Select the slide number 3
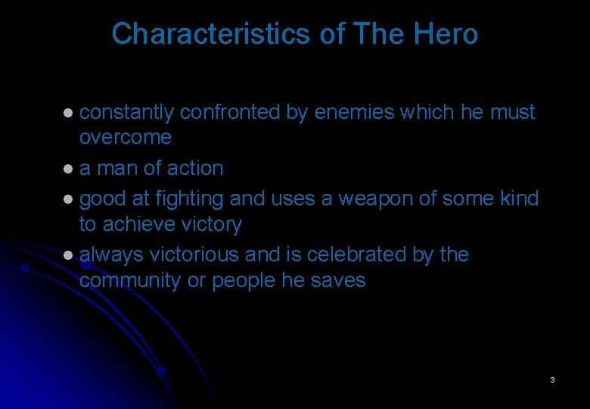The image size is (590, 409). (x=553, y=379)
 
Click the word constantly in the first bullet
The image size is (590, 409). (x=127, y=112)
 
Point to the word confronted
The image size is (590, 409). (x=230, y=112)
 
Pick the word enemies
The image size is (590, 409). (x=354, y=112)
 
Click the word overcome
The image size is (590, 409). (x=126, y=138)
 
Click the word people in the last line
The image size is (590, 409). (x=242, y=280)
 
